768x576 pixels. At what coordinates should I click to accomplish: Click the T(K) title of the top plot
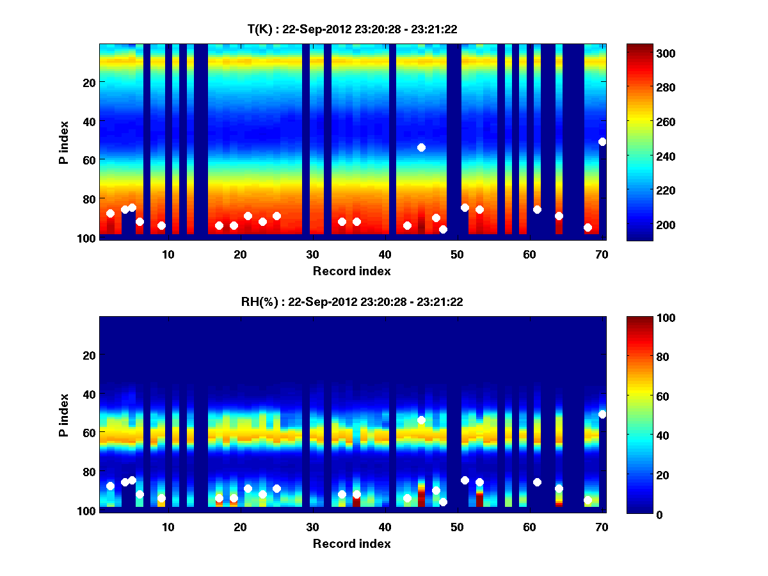351,29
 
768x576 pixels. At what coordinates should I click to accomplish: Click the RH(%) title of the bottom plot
351,302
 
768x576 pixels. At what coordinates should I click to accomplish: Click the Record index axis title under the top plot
351,271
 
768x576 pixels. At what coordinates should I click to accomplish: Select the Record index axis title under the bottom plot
351,543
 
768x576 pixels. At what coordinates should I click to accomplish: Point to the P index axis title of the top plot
63,142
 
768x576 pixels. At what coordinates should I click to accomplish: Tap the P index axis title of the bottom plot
63,415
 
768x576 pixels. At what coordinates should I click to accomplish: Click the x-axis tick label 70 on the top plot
601,254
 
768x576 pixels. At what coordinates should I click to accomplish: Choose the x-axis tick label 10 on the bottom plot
168,527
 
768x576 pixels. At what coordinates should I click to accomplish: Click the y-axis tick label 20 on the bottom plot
89,355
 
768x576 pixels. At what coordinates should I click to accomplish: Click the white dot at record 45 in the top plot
421,147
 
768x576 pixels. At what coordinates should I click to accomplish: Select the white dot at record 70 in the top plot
602,141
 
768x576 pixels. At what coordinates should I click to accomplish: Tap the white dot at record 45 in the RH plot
421,420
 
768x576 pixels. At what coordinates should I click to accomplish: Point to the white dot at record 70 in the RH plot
602,414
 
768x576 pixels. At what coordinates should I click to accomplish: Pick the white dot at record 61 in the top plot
537,209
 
